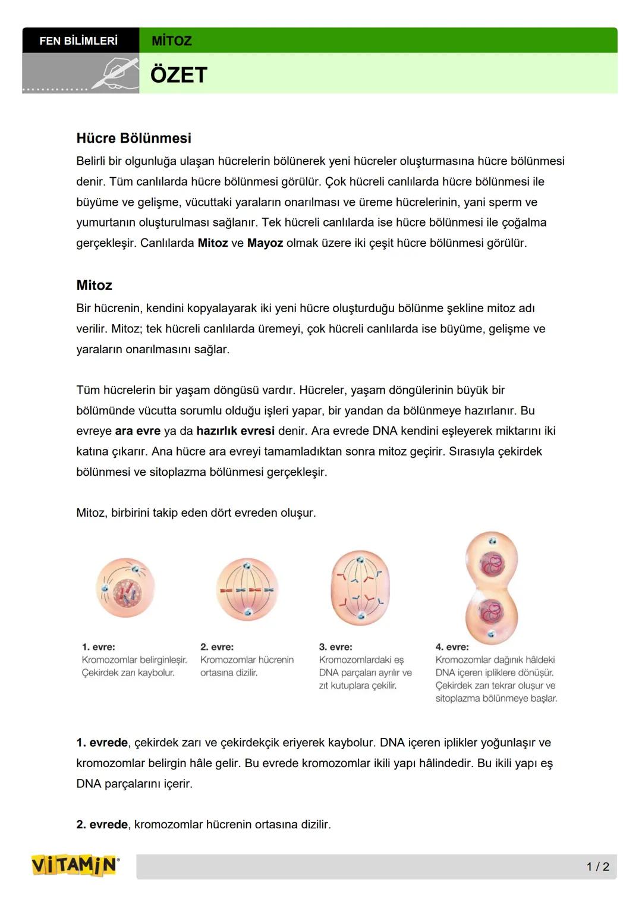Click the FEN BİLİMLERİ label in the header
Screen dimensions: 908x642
pyautogui.click(x=78, y=40)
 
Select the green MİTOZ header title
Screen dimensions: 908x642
pyautogui.click(x=172, y=41)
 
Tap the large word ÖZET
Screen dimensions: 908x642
pyautogui.click(x=179, y=75)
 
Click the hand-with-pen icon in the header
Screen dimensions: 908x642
pyautogui.click(x=115, y=75)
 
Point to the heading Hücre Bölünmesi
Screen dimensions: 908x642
pyautogui.click(x=134, y=138)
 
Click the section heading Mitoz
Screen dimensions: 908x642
pyautogui.click(x=94, y=285)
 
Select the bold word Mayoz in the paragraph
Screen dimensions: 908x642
pyautogui.click(x=265, y=243)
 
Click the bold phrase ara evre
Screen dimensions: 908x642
pyautogui.click(x=137, y=431)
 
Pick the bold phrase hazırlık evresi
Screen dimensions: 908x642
pyautogui.click(x=235, y=431)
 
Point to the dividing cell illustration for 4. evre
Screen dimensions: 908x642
pyautogui.click(x=492, y=587)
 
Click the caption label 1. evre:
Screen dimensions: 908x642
pyautogui.click(x=99, y=647)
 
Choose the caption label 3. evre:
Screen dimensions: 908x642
pyautogui.click(x=335, y=647)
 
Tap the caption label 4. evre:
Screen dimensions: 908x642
pyautogui.click(x=452, y=647)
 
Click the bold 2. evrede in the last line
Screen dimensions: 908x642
pyautogui.click(x=102, y=825)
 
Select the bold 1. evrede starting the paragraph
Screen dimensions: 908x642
pyautogui.click(x=102, y=743)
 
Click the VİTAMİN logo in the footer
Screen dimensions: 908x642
pyautogui.click(x=74, y=866)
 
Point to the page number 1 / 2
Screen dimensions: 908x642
pyautogui.click(x=597, y=867)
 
